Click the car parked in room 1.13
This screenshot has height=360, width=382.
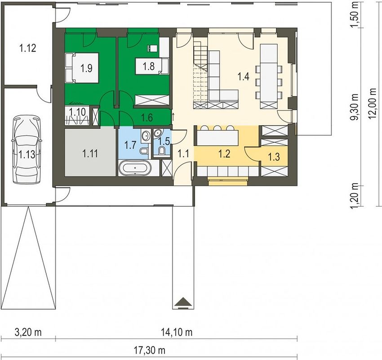[27, 150]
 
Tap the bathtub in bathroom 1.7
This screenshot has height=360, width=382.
[135, 168]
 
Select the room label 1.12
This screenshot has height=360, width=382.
[28, 48]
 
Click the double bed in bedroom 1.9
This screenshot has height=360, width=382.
[82, 68]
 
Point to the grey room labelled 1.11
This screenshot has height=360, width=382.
[90, 153]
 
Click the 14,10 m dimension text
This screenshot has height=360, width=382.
[177, 332]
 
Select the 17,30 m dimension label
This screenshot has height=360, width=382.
[150, 351]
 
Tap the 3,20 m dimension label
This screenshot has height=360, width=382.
[28, 332]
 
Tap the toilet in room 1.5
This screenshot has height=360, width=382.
[161, 150]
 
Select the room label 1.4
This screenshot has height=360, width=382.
[244, 76]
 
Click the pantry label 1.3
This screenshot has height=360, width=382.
[274, 157]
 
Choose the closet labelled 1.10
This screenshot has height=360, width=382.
[77, 115]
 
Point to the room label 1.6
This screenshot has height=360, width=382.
[147, 117]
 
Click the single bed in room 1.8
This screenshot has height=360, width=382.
[152, 66]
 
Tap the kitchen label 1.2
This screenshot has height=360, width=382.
[224, 153]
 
